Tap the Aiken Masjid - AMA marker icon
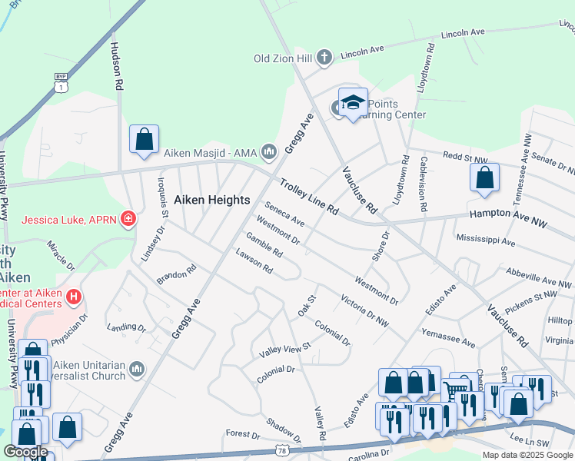point(268,152)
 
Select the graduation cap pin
point(353,103)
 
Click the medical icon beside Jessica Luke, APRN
point(128,220)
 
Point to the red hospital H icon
point(74,296)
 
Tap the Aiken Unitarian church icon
point(137,370)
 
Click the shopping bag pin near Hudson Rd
point(144,140)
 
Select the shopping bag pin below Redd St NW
point(484,178)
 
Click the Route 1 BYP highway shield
point(60,83)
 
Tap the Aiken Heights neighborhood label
point(212,200)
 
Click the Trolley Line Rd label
point(309,197)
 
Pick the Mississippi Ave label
point(485,240)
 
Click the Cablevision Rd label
point(423,184)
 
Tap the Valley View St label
point(284,347)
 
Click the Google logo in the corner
point(25,452)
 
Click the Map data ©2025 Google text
point(527,455)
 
